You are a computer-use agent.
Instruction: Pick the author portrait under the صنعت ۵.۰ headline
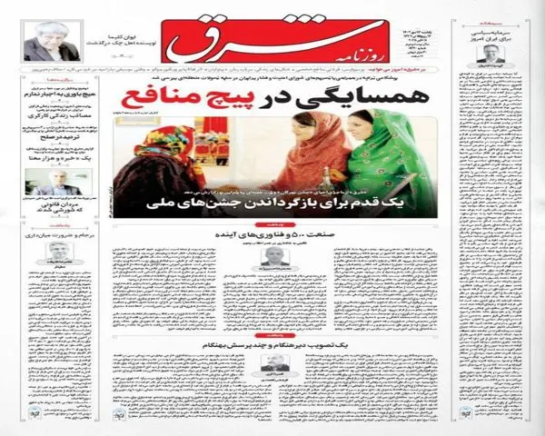click(272, 257)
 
